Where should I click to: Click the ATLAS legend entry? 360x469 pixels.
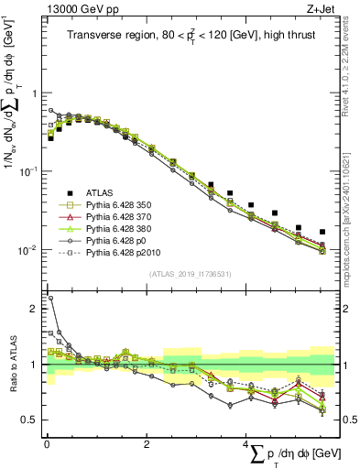click(101, 192)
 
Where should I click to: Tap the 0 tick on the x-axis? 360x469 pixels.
click(47, 445)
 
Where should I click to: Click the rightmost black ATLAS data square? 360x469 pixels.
click(322, 232)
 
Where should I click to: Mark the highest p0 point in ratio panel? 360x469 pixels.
click(50, 298)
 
